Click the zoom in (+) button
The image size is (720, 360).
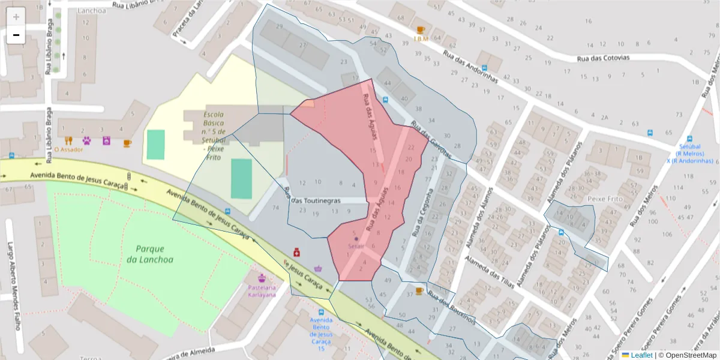[16, 17]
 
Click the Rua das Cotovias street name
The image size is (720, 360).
[603, 59]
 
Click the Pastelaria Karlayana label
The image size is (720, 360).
[262, 291]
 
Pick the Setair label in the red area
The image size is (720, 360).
[356, 245]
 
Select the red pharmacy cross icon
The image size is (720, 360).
[296, 253]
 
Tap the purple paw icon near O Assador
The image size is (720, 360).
[87, 141]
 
